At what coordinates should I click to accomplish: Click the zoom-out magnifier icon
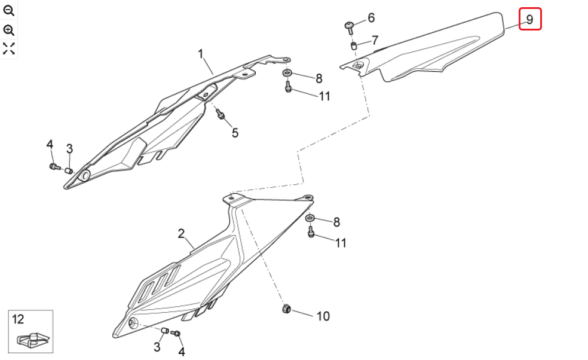pyautogui.click(x=8, y=11)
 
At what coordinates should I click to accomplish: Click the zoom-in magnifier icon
pyautogui.click(x=8, y=30)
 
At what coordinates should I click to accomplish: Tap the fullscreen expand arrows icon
pyautogui.click(x=8, y=48)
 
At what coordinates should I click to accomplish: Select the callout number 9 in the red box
pyautogui.click(x=529, y=19)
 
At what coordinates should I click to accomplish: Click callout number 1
pyautogui.click(x=201, y=54)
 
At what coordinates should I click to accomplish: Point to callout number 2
pyautogui.click(x=181, y=234)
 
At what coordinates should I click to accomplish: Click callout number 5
pyautogui.click(x=235, y=133)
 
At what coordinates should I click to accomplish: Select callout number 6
pyautogui.click(x=371, y=18)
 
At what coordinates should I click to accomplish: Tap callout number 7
pyautogui.click(x=375, y=40)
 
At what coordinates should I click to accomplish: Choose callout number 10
pyautogui.click(x=323, y=316)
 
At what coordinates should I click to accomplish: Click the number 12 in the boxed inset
pyautogui.click(x=18, y=319)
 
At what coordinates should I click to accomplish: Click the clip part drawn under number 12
pyautogui.click(x=33, y=339)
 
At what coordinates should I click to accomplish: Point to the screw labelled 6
pyautogui.click(x=350, y=28)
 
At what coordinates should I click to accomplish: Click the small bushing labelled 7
pyautogui.click(x=353, y=46)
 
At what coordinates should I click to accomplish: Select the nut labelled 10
pyautogui.click(x=286, y=309)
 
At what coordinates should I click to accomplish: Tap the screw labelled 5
pyautogui.click(x=220, y=114)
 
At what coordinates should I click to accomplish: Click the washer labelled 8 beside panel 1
pyautogui.click(x=287, y=72)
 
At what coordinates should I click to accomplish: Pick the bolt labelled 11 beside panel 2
pyautogui.click(x=311, y=231)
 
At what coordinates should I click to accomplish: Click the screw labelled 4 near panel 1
pyautogui.click(x=54, y=166)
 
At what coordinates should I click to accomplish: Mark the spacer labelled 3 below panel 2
pyautogui.click(x=164, y=331)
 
